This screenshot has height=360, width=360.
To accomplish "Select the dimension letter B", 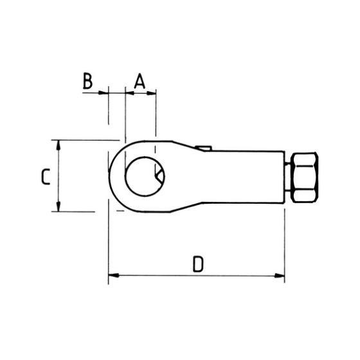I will point(88,81).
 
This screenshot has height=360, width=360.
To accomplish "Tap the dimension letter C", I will point(44,176).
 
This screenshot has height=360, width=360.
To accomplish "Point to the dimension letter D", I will point(198,264).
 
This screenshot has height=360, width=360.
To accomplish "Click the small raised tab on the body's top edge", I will point(204,149).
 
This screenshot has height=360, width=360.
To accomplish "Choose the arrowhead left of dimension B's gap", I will point(103,93).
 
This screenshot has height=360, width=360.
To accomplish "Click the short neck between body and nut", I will point(287,177).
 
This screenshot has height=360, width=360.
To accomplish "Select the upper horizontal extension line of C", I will point(84,140).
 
